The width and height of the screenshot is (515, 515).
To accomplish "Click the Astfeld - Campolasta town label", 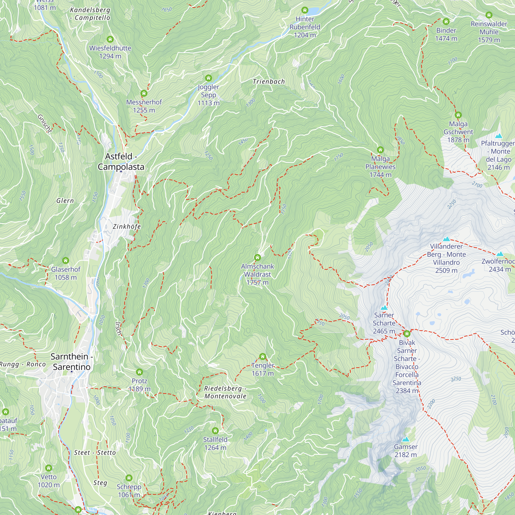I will click(121, 161).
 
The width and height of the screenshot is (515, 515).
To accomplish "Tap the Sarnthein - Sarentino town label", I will click(72, 362).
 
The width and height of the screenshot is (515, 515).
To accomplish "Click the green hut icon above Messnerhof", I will click(144, 93).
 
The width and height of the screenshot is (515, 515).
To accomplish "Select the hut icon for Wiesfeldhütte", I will click(110, 39).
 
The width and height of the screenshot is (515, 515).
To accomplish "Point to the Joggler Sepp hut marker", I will click(209, 78).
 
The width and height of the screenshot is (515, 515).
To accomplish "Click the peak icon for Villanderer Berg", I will click(446, 239).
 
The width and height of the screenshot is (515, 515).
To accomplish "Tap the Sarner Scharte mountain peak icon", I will click(384, 308).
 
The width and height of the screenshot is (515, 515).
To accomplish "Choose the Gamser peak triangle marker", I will click(406, 439).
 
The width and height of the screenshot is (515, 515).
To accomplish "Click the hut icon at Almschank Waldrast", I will click(257, 257).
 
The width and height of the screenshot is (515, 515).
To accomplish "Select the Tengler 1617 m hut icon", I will click(263, 357).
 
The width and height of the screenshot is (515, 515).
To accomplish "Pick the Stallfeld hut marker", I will click(215, 431).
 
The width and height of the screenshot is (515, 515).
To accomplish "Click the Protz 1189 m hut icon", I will click(139, 372).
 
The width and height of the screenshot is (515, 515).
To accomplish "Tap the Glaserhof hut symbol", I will click(66, 260).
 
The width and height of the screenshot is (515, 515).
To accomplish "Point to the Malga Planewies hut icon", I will click(380, 150).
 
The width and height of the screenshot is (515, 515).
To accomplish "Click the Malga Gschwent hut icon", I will click(458, 115).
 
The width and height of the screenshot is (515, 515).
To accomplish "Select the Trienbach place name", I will click(269, 82).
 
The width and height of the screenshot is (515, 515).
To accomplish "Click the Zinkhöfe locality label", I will click(127, 227).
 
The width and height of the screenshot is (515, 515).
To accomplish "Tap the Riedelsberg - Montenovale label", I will click(226, 392).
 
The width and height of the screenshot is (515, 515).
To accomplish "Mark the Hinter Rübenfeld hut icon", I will click(305, 10).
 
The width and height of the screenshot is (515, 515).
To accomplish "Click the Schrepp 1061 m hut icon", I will click(129, 478).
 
